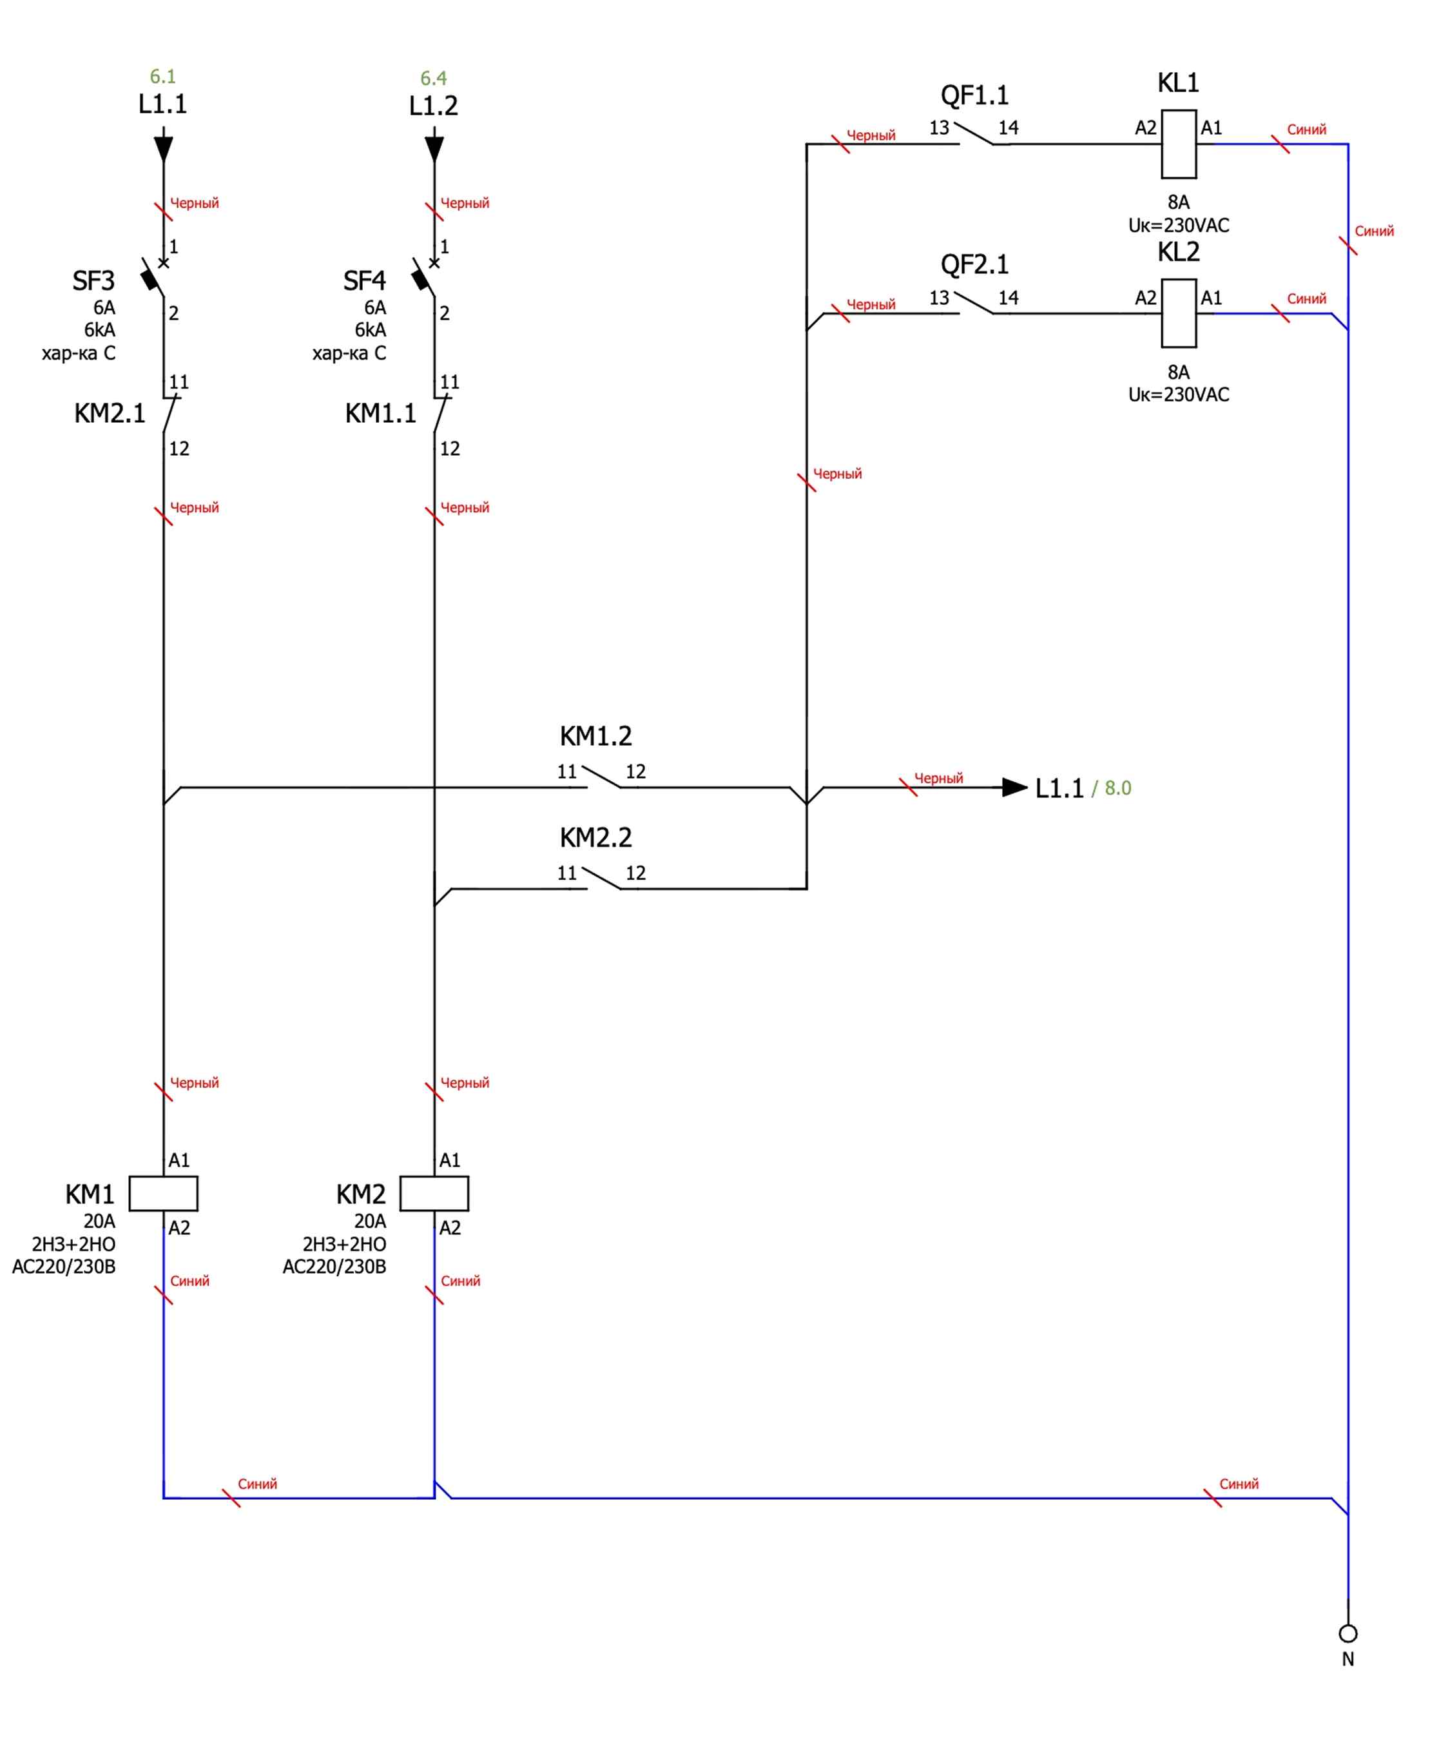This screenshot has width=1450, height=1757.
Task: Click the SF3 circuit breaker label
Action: (x=93, y=281)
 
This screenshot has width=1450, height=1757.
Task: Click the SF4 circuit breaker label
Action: (x=364, y=281)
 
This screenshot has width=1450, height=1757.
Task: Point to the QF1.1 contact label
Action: (x=975, y=95)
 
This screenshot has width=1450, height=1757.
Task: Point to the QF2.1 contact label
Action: (x=975, y=265)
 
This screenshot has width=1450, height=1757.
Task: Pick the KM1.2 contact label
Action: (x=595, y=736)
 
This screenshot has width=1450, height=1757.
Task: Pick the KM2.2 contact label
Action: (x=595, y=837)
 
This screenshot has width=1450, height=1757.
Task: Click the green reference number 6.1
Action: (x=163, y=77)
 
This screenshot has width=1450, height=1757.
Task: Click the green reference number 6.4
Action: (x=434, y=79)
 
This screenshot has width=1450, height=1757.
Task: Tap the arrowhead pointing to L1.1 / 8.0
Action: (x=1015, y=787)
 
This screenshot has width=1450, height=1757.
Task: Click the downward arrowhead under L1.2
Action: (x=434, y=150)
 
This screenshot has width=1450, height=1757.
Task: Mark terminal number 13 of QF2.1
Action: (x=939, y=297)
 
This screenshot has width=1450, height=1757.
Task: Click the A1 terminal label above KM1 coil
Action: (x=179, y=1160)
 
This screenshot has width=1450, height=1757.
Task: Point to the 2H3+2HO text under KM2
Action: (x=344, y=1244)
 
